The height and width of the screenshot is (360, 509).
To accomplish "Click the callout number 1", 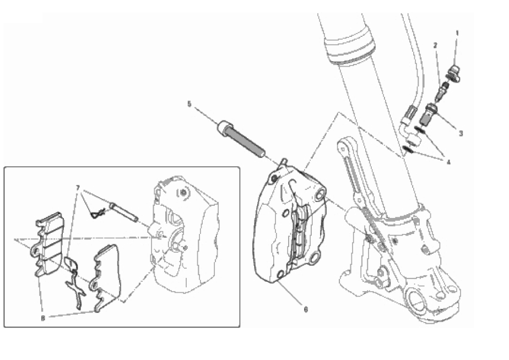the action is (457, 33).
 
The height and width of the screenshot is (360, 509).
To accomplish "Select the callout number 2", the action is (436, 46).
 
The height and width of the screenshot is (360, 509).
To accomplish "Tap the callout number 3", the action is (461, 133).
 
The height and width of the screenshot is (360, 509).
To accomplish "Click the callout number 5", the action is (189, 104).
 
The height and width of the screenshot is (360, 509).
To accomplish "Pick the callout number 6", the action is (306, 309).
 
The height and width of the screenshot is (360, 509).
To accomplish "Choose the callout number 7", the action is (78, 188).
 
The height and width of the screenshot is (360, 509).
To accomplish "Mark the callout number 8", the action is (43, 319).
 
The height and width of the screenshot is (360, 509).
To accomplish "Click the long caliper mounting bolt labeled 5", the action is (241, 139).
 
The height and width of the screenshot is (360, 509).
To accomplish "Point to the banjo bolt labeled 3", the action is (429, 114).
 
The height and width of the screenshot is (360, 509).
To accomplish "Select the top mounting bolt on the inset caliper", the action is (183, 193).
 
